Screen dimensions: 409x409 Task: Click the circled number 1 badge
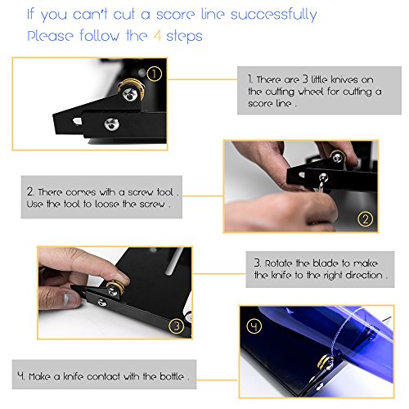[x=154, y=74]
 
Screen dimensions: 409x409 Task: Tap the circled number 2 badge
[x=365, y=219]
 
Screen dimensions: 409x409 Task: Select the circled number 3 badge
[x=177, y=326]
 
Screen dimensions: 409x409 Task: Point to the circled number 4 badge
[x=254, y=326]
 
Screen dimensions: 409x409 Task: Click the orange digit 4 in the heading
[x=157, y=36]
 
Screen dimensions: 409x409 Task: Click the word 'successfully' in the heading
[x=273, y=15]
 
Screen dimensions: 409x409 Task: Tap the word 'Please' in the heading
[x=50, y=36]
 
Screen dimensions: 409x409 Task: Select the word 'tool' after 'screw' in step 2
[x=165, y=192]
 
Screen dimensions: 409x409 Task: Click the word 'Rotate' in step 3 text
[x=279, y=263]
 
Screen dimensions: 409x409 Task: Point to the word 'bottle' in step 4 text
[x=172, y=376]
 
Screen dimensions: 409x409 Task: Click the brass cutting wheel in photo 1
[x=131, y=88]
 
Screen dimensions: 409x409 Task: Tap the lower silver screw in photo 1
[x=111, y=124]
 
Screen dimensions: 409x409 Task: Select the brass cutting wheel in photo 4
[x=326, y=362]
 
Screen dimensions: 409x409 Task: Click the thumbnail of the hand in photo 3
[x=68, y=299]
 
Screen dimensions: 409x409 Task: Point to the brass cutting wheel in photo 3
[x=115, y=288]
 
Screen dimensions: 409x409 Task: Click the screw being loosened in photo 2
[x=323, y=178]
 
